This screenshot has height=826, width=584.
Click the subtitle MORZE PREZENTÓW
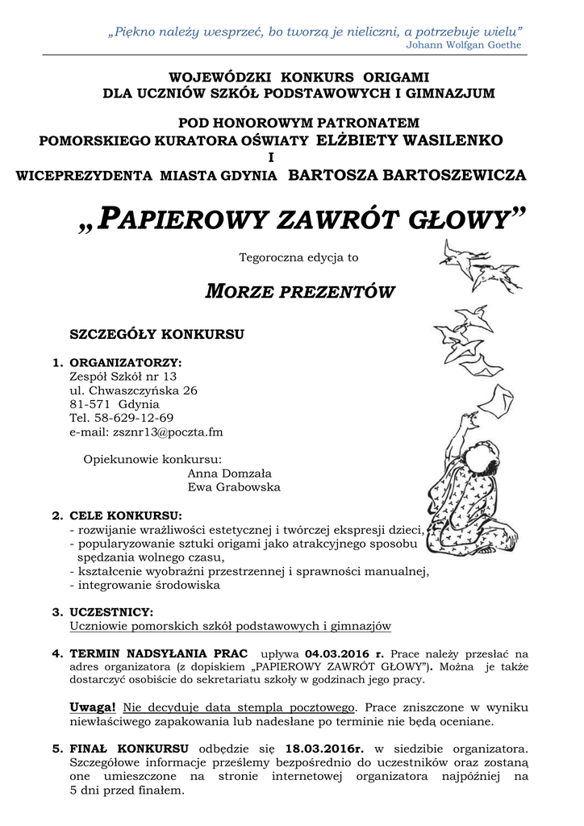[x=299, y=291]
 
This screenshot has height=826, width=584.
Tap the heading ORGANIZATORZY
[x=125, y=362]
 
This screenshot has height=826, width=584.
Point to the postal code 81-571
[x=90, y=403]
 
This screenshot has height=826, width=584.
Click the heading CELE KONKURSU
[x=125, y=515]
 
